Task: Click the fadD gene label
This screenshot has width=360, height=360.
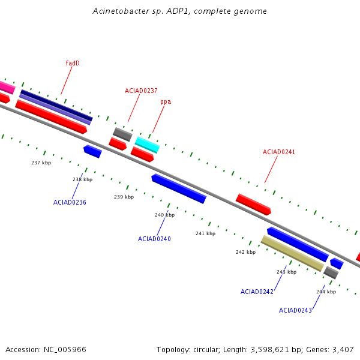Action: coord(73,63)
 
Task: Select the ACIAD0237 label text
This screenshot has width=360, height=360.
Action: coord(141,91)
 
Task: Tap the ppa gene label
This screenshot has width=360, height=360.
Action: coord(166,102)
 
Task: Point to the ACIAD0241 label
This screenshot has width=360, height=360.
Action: coord(279,152)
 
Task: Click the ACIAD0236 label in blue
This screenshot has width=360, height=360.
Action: coord(70,202)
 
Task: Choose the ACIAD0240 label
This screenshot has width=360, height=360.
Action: coord(154,239)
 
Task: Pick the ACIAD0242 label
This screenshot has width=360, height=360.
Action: coord(257,292)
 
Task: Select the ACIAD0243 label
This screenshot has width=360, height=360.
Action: coord(295,310)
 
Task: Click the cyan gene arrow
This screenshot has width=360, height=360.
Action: coord(147,145)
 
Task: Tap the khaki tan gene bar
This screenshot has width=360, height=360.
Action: coord(292,253)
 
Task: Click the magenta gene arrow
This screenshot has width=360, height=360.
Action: coord(7,87)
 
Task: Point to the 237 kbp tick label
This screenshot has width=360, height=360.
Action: coord(41,163)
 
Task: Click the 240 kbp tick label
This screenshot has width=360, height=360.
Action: coord(164,215)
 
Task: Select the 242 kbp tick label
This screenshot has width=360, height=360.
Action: coord(245,253)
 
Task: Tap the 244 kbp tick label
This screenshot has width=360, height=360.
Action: coord(326,292)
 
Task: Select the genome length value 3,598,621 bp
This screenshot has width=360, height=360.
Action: coord(272,349)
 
